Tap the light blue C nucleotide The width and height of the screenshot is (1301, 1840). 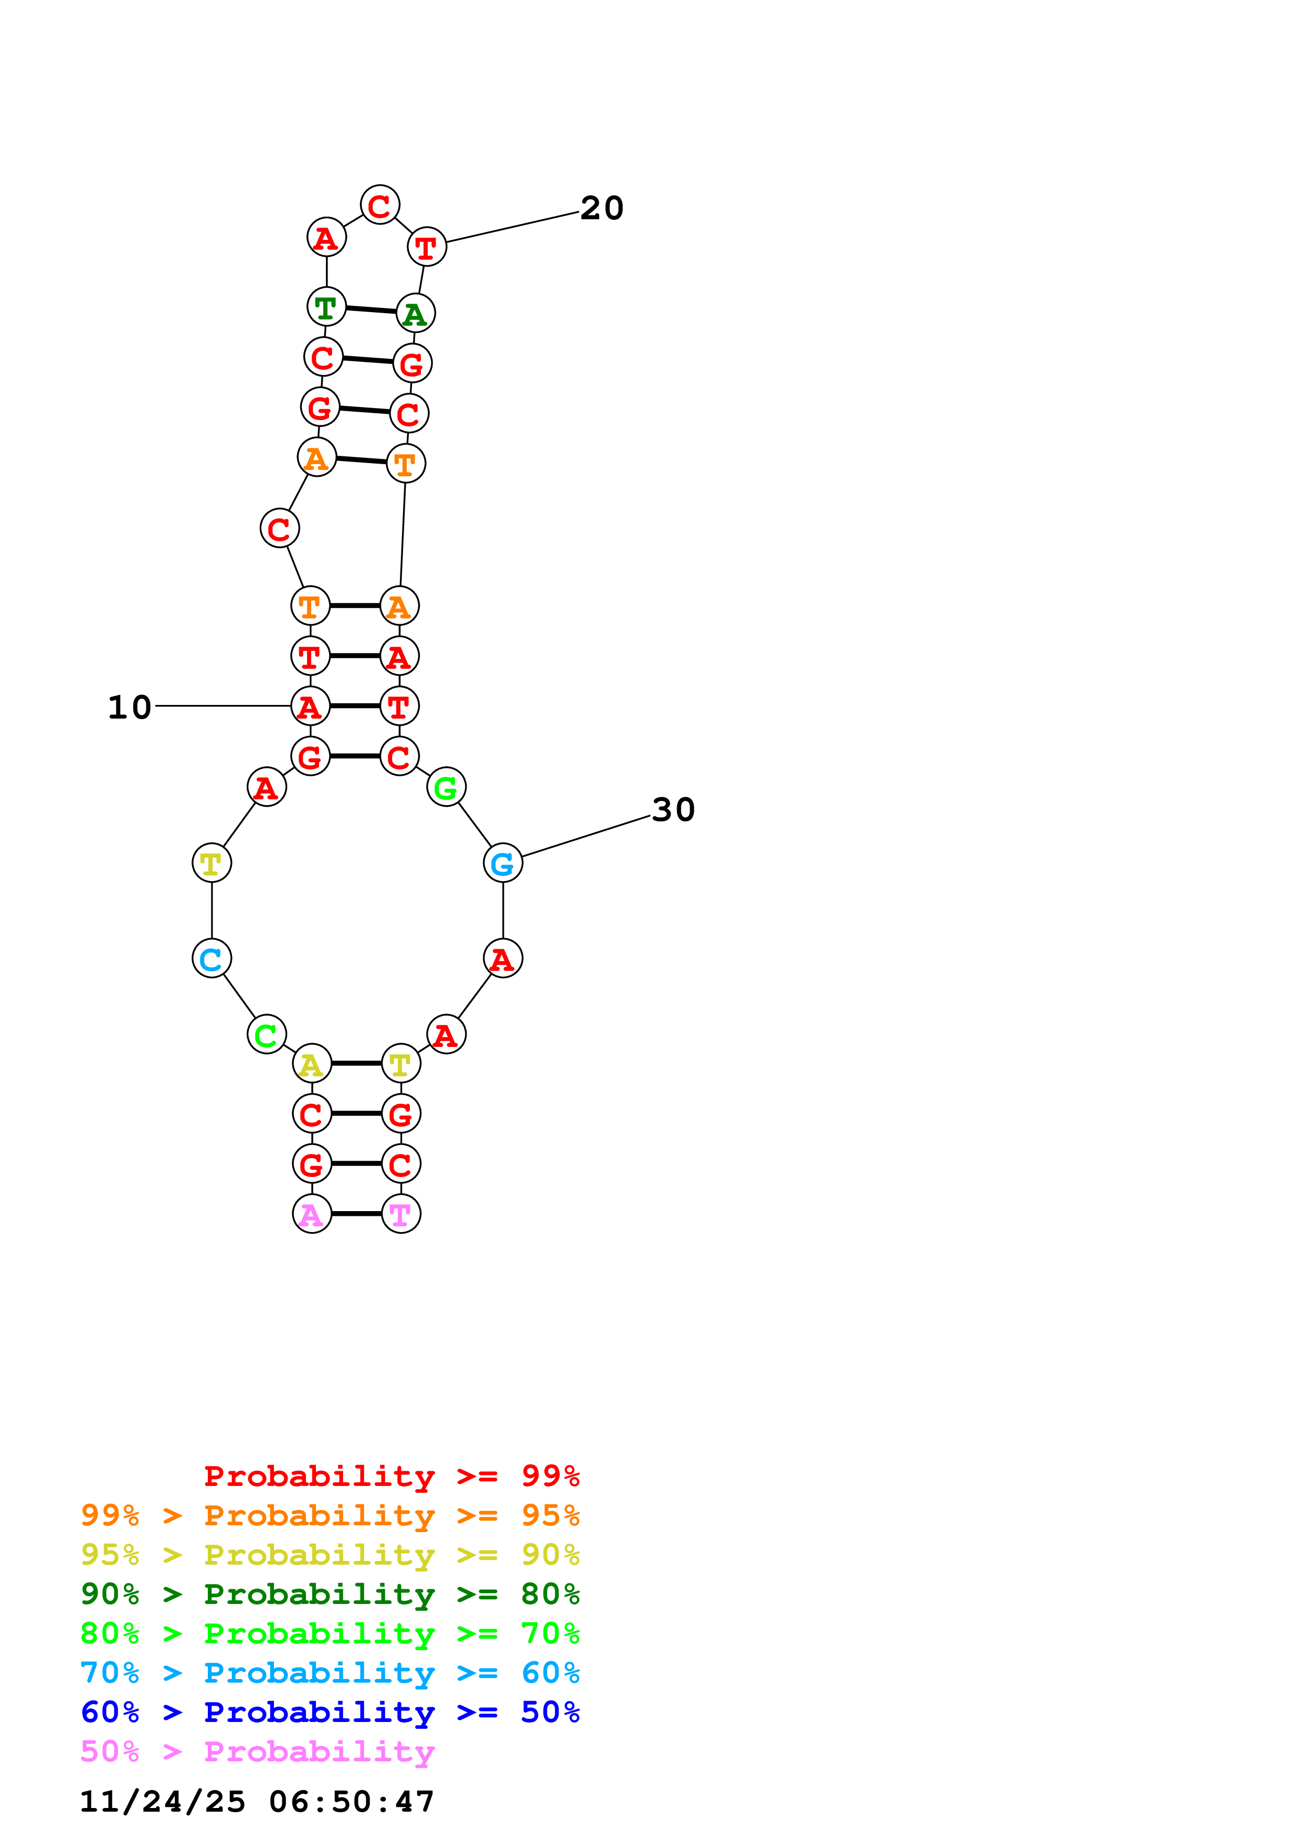pos(211,958)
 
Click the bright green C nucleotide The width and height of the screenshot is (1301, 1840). pos(266,1034)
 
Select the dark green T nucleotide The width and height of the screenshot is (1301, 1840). pos(326,306)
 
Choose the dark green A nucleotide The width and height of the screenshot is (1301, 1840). pos(415,313)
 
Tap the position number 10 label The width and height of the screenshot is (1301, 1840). pos(130,707)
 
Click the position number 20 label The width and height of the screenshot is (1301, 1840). pos(601,208)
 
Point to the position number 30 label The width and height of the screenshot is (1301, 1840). pos(673,809)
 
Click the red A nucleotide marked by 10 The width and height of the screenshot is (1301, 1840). pos(310,706)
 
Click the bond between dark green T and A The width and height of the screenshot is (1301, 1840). pos(371,309)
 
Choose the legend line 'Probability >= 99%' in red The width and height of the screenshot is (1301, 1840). pos(391,1475)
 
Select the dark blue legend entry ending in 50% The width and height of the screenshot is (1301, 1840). pos(330,1712)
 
